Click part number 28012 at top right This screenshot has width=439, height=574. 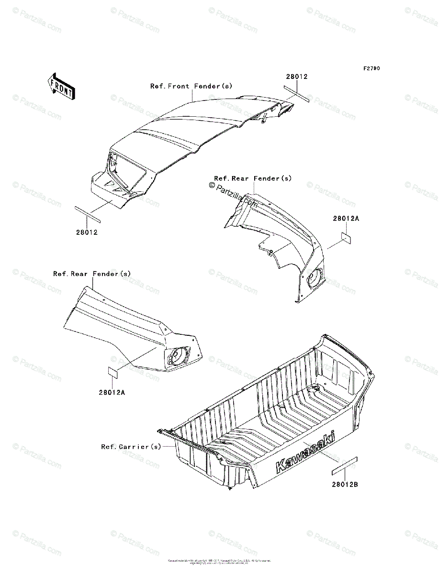coord(297,77)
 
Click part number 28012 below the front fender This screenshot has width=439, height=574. coord(87,232)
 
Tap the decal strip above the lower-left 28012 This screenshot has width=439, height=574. coord(88,213)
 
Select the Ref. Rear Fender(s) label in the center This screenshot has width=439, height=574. coord(253,178)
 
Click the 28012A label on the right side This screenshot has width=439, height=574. coord(346,218)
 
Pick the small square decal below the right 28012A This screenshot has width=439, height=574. coord(347,238)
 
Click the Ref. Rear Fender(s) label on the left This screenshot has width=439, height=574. coord(92,274)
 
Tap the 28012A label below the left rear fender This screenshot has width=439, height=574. coord(112,392)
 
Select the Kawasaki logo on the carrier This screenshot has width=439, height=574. coord(305,453)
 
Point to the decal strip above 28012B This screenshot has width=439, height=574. coord(344,465)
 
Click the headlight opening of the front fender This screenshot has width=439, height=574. coord(126,170)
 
